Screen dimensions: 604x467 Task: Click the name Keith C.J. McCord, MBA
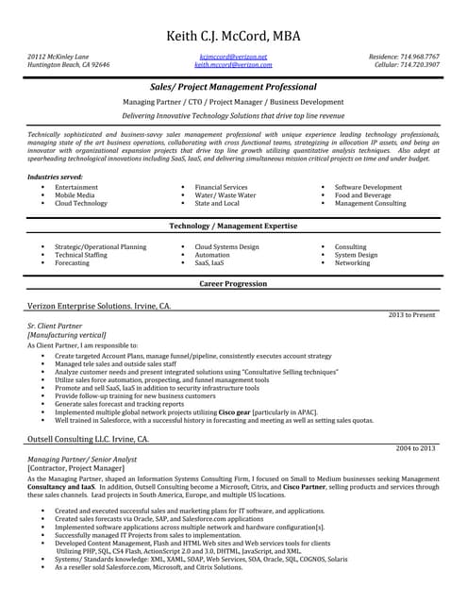pyautogui.click(x=233, y=36)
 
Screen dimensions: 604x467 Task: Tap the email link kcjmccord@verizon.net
pyautogui.click(x=233, y=57)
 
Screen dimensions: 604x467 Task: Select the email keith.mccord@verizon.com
pyautogui.click(x=233, y=64)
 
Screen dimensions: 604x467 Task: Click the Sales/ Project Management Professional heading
pyautogui.click(x=233, y=86)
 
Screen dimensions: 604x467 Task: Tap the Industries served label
pyautogui.click(x=56, y=176)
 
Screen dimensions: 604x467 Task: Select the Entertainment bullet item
pyautogui.click(x=76, y=188)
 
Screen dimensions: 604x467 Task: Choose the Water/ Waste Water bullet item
pyautogui.click(x=225, y=195)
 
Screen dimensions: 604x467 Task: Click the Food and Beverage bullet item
pyautogui.click(x=363, y=195)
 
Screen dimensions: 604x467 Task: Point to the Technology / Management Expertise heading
pyautogui.click(x=233, y=226)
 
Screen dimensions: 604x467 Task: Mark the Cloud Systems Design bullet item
pyautogui.click(x=226, y=247)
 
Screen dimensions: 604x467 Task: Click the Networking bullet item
pyautogui.click(x=352, y=262)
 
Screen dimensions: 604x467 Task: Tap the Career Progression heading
pyautogui.click(x=233, y=283)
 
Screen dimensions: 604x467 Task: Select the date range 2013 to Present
pyautogui.click(x=412, y=314)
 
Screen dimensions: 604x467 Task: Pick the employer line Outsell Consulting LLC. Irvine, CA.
pyautogui.click(x=88, y=439)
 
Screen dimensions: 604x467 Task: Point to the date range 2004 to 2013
pyautogui.click(x=415, y=447)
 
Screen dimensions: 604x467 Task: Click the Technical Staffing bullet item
pyautogui.click(x=81, y=255)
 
